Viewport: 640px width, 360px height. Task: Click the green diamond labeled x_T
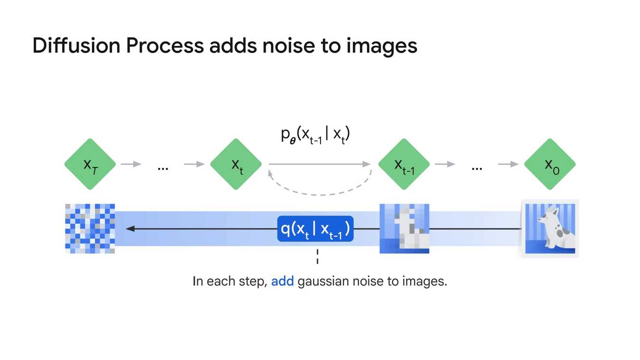point(90,164)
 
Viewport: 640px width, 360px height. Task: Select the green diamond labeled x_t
point(236,164)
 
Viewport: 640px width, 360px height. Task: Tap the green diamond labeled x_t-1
point(404,164)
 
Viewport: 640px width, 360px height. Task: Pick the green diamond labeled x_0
point(550,164)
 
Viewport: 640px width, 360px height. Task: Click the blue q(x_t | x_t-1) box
point(315,229)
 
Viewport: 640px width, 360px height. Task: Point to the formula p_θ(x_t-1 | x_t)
point(316,135)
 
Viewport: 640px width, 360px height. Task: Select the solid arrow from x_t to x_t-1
point(320,164)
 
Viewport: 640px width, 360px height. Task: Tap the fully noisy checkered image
point(90,229)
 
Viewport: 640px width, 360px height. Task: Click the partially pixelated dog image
point(404,229)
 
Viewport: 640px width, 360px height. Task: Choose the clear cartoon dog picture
point(550,229)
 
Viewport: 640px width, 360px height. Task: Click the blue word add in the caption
point(283,281)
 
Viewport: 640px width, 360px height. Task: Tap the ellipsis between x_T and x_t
point(163,167)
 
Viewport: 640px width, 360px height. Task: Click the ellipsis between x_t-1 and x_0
point(477,167)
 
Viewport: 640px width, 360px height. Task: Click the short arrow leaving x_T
point(131,164)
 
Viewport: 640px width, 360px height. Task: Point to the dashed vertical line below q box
point(317,256)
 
